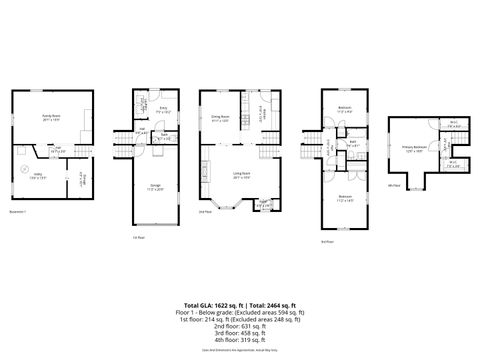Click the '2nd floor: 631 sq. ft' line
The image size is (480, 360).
coord(240,324)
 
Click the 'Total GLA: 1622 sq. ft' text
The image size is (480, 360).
coord(211,304)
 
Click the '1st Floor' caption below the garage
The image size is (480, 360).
coord(138,238)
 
